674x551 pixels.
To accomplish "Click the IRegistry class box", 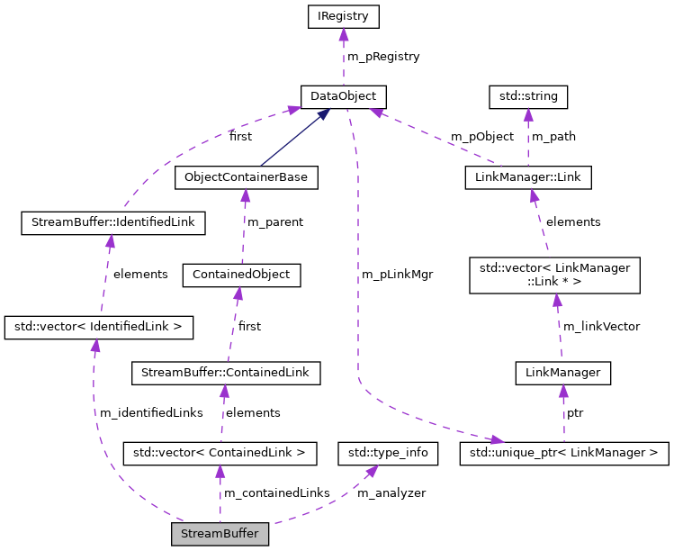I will coord(343,16).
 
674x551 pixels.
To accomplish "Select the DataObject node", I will coord(343,96).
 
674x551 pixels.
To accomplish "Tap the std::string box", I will coord(528,96).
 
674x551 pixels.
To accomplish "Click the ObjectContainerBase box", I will coord(246,177).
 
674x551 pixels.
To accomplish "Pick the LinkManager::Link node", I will coord(528,177).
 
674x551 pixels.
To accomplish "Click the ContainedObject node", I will coord(241,275).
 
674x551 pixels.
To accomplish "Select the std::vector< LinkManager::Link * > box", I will coord(554,275).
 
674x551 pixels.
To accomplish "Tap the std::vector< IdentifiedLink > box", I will coord(99,327).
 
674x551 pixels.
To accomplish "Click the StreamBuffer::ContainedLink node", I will coord(226,372).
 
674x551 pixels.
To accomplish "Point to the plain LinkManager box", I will coord(562,372).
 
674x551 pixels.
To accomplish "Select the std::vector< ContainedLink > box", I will coord(220,452).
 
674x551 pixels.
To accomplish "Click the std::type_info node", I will coord(388,452).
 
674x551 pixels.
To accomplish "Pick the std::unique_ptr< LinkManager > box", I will coord(564,452).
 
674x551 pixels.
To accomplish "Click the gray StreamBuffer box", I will coord(220,534).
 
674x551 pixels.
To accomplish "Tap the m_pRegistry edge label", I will coord(383,57).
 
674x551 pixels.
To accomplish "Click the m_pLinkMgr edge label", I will coord(397,275).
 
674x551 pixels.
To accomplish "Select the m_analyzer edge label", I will coord(391,493).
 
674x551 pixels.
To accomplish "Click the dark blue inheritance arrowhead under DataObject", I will coord(324,113).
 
